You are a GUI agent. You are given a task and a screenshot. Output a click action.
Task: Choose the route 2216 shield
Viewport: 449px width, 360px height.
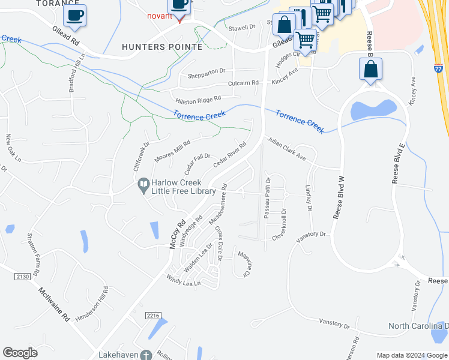click(153, 315)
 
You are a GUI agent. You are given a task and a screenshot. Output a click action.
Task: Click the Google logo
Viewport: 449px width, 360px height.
click(20, 353)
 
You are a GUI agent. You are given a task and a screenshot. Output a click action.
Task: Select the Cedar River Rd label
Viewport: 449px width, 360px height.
click(231, 154)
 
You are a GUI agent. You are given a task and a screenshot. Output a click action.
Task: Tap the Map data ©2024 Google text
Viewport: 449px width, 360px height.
click(411, 355)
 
